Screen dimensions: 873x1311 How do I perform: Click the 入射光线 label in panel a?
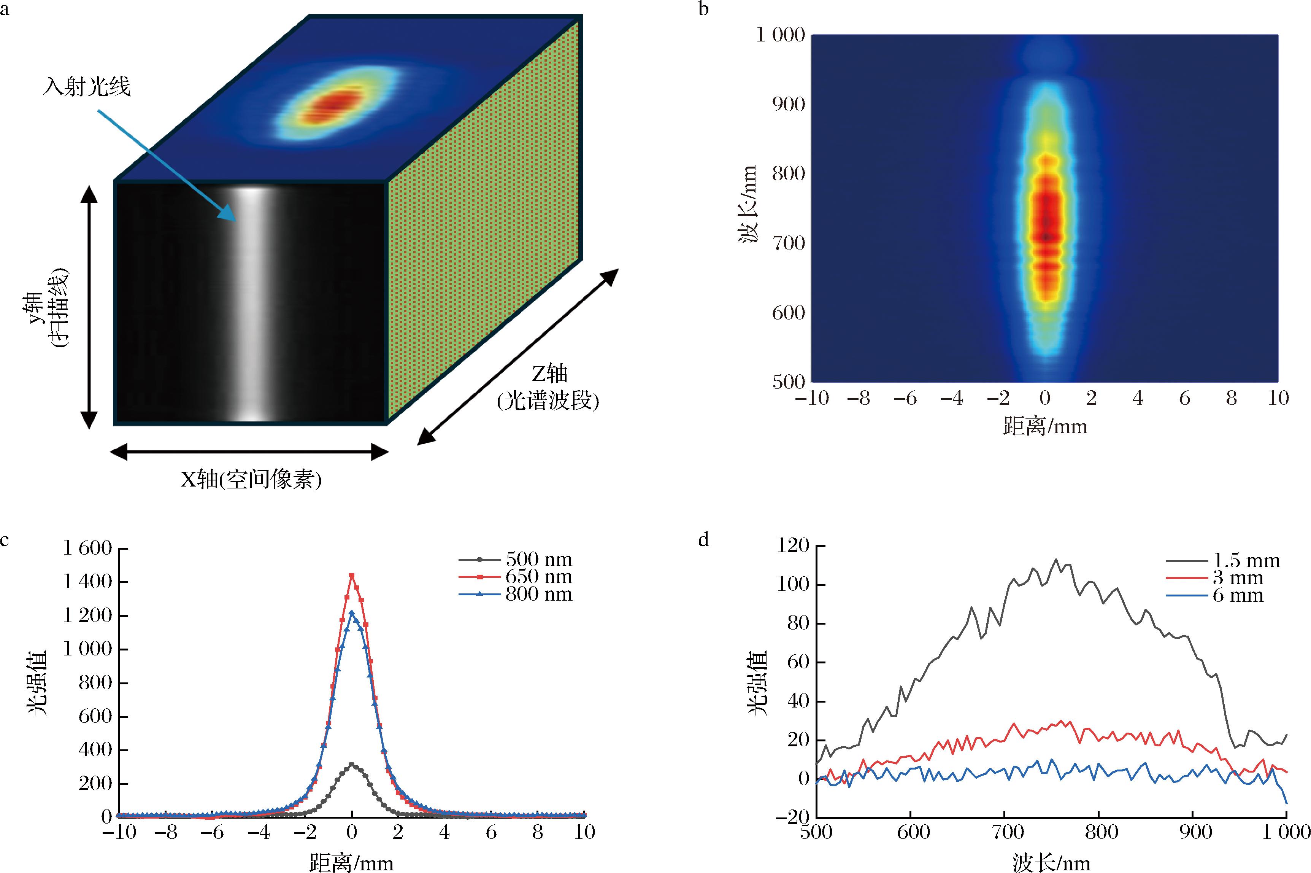coord(87,87)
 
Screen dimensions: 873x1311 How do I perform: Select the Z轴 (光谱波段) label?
coord(548,387)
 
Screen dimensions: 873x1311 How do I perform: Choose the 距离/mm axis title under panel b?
coord(1044,426)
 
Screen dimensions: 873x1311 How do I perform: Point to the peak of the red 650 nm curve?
coord(351,575)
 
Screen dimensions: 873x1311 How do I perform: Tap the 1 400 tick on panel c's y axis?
coord(87,582)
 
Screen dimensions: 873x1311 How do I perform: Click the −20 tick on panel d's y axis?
coord(795,817)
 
